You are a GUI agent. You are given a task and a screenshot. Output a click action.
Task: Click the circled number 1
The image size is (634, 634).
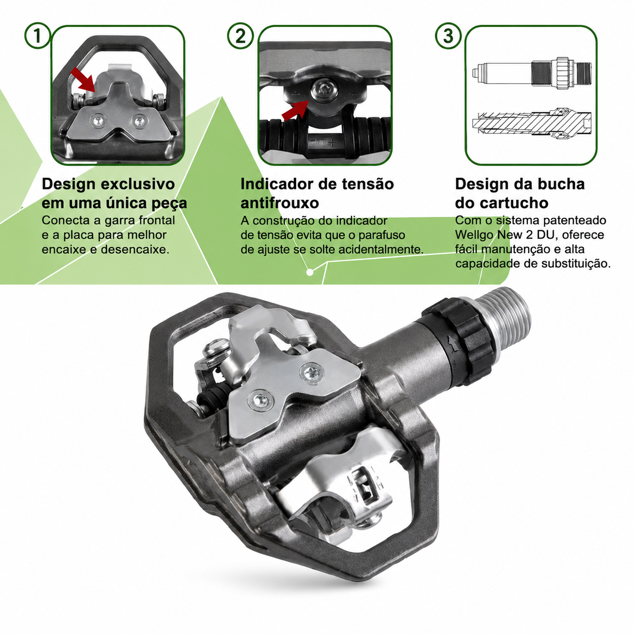point(37,35)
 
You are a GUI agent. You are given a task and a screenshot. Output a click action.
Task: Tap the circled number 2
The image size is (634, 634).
point(241,35)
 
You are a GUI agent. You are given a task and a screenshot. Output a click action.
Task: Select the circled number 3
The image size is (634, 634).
point(448,35)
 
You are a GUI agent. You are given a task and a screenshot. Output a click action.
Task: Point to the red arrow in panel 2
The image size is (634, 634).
point(295,110)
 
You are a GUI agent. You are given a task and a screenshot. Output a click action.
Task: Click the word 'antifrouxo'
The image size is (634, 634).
point(280,203)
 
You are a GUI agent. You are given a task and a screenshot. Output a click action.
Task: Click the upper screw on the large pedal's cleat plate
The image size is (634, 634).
point(311,373)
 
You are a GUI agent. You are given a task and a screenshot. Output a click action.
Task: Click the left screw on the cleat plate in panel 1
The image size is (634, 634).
point(99,121)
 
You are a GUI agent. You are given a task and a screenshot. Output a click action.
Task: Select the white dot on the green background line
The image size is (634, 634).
point(309,272)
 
